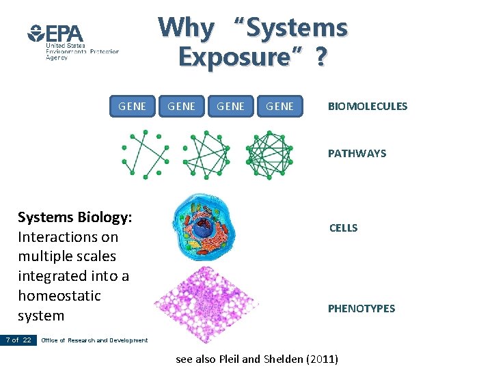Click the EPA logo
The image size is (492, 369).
(56, 34)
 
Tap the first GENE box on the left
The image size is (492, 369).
(132, 106)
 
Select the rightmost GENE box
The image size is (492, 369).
(279, 106)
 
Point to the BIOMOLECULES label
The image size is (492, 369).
(367, 106)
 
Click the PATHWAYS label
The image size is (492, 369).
(357, 154)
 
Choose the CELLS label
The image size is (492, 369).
(343, 228)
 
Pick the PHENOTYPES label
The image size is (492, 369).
(361, 309)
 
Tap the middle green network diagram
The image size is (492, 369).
(207, 154)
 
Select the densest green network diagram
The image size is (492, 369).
(269, 154)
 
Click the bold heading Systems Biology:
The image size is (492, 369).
(75, 217)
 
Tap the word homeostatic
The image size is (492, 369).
(59, 296)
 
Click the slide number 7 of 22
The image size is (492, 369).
(18, 340)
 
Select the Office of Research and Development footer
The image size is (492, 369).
(94, 340)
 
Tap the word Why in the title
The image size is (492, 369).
(186, 28)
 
